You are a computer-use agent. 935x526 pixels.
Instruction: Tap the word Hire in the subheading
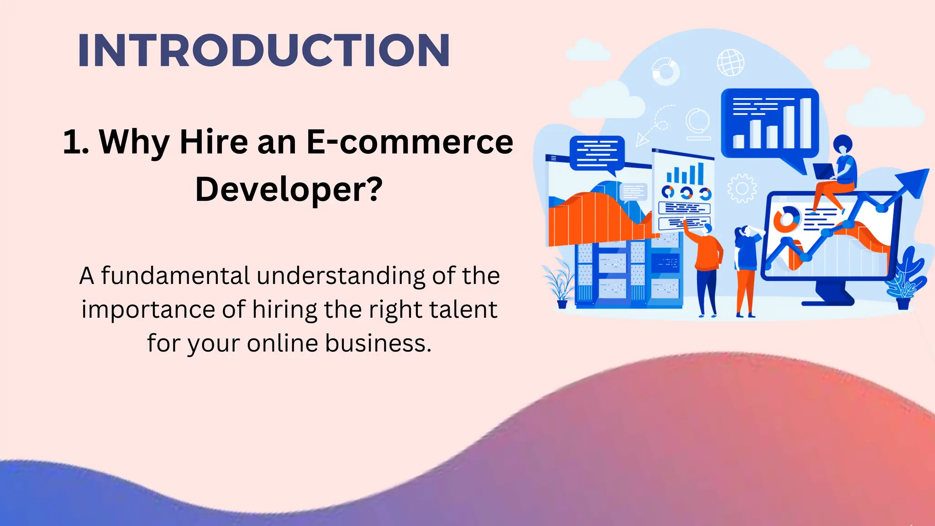pos(213,142)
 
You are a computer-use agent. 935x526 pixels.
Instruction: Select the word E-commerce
pos(410,142)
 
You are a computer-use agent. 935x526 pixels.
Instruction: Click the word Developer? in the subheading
pos(289,189)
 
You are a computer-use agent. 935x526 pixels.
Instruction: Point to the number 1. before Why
pos(76,142)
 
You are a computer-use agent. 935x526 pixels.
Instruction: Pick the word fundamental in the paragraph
pos(175,276)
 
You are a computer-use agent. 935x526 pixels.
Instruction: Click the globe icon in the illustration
pos(730,63)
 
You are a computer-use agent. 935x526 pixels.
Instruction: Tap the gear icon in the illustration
pos(741,188)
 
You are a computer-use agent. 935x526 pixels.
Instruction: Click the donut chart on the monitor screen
pos(786,218)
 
